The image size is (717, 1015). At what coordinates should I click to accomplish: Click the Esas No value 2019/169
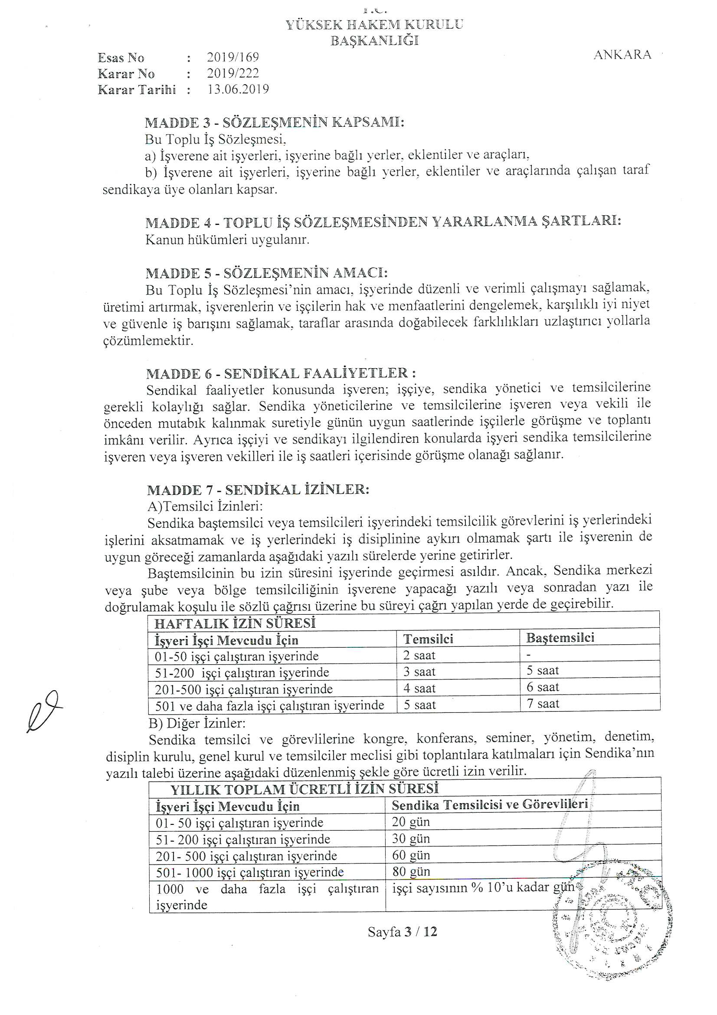point(233,57)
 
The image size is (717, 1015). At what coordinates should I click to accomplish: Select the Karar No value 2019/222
point(233,73)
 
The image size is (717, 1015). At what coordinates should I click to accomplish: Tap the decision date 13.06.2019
point(238,89)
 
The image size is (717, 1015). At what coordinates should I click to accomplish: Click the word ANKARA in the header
point(622,55)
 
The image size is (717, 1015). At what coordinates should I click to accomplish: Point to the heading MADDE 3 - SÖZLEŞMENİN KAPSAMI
point(274,122)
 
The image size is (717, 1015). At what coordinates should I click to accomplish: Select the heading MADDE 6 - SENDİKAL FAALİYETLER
point(281,373)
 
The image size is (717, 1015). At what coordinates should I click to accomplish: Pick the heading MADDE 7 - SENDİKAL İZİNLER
point(258,490)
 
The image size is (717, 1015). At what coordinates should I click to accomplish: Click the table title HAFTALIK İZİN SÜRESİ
point(235,623)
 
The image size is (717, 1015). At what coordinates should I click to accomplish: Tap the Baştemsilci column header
point(560,638)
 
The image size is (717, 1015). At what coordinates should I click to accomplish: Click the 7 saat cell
point(543,703)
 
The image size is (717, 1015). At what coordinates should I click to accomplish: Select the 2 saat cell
point(419,655)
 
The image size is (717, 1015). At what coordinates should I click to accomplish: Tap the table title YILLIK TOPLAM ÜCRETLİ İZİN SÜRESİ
point(304,789)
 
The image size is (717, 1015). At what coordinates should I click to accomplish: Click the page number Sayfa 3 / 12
point(402,932)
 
